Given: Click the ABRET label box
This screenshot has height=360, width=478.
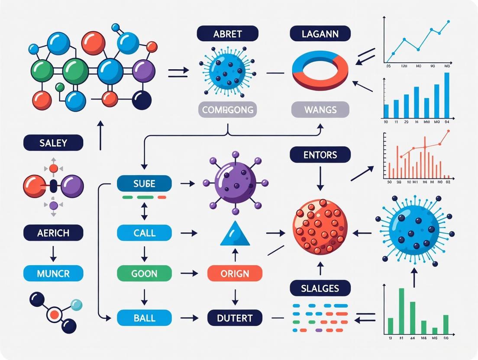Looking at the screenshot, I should (227, 33).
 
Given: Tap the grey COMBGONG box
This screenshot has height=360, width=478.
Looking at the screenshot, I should (228, 109).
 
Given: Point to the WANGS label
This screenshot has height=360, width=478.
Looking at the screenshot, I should (320, 109).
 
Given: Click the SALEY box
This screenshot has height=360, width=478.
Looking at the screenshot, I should (53, 142).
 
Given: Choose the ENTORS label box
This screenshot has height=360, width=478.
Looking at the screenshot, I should (320, 154).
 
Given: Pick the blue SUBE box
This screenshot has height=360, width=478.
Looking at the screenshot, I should (144, 184).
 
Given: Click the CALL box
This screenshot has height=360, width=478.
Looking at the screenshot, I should (144, 233).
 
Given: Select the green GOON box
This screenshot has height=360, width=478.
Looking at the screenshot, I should (144, 273).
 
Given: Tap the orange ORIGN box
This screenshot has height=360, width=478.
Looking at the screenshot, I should (235, 273).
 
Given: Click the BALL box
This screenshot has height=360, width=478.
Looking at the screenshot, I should (144, 318).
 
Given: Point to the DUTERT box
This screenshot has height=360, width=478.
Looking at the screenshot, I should (235, 318).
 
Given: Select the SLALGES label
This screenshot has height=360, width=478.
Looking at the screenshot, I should (320, 288).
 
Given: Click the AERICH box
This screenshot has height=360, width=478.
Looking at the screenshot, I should (53, 233).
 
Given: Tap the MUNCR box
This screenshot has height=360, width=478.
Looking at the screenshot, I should (53, 273).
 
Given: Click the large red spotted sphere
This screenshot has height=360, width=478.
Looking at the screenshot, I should (320, 226).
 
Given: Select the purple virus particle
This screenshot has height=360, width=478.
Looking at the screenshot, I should (235, 182).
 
